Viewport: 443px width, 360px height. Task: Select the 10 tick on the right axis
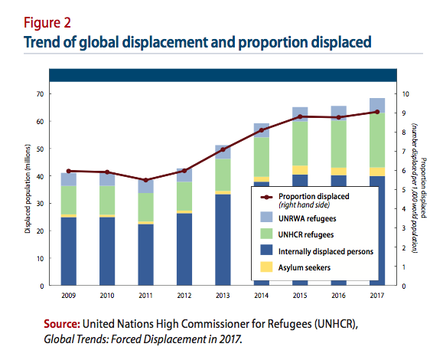coord(405,93)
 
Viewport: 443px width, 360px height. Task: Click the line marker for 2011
coord(146,180)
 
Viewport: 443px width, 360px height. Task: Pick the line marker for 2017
coord(376,112)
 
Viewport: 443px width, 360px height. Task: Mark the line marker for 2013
coord(223,149)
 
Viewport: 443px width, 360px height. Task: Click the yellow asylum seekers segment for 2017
coord(376,172)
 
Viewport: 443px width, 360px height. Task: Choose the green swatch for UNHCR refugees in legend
coord(265,233)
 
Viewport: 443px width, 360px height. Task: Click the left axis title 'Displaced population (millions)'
coord(27,189)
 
